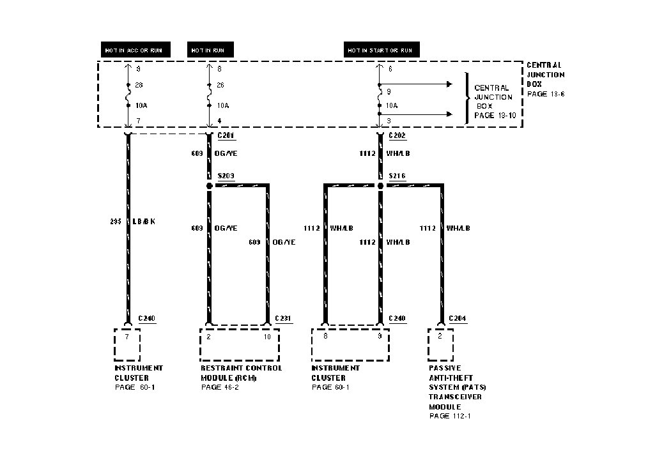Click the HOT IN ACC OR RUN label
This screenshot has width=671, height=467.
[136, 50]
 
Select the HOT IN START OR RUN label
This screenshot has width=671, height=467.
[380, 50]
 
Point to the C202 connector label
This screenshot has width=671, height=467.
[397, 135]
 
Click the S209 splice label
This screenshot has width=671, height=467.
[227, 176]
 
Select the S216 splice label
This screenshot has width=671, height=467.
[397, 176]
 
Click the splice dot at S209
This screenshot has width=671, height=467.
[209, 186]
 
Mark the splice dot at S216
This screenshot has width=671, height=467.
[380, 186]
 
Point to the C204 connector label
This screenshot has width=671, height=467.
[458, 318]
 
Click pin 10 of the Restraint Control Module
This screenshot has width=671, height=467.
[267, 336]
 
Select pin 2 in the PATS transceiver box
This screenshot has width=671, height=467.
[440, 336]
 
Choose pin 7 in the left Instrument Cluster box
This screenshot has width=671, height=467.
[127, 336]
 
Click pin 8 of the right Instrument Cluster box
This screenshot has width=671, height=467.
[325, 336]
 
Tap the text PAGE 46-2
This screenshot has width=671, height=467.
[220, 387]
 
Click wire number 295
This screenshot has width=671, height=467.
[116, 222]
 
